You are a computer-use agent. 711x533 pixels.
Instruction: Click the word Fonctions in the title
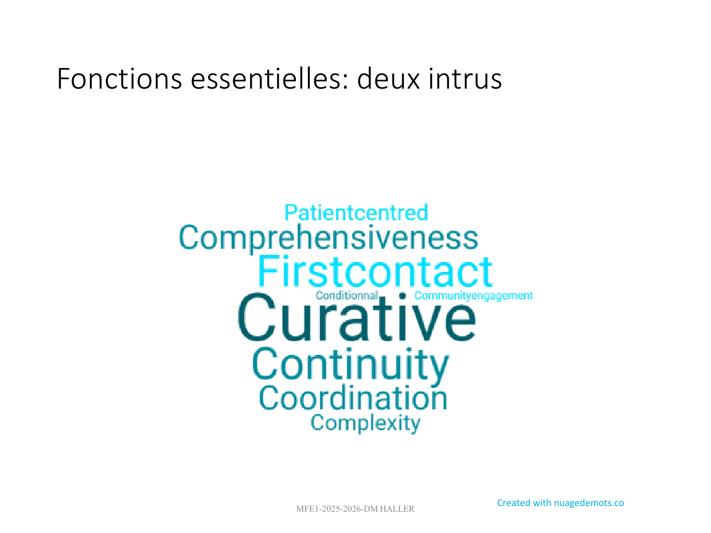119,79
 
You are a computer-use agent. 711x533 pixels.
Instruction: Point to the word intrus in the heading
465,79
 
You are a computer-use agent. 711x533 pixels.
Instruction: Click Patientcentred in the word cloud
356,212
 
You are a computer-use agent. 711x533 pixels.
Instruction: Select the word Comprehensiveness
328,238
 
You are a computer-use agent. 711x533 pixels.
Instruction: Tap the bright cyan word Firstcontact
375,271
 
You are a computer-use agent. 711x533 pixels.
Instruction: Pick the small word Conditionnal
347,295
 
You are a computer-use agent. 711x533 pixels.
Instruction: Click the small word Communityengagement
474,296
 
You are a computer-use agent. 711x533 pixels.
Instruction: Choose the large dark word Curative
357,317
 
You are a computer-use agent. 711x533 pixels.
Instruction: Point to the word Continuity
350,365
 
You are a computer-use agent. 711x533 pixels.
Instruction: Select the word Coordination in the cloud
353,397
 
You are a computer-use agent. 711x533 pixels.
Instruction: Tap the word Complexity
365,423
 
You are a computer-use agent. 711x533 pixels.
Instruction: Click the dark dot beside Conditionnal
402,296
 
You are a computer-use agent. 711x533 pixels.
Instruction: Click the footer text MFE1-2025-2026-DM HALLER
355,509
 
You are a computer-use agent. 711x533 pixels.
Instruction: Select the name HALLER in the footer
397,509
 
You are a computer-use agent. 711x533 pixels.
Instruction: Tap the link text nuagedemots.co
589,503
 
